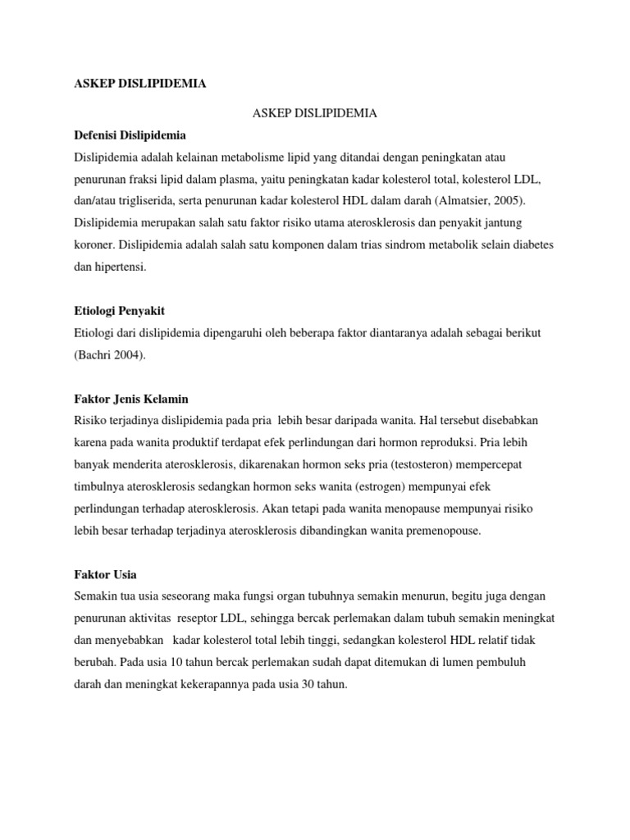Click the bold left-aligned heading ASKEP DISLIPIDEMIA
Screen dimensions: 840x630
pos(140,84)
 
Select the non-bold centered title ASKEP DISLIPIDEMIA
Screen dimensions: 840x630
pos(314,114)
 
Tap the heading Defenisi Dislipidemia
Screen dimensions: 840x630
pos(130,135)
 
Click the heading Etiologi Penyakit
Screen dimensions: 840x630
pos(125,311)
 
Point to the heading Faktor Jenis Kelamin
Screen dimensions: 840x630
pos(131,399)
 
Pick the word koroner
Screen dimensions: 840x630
pos(95,244)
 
